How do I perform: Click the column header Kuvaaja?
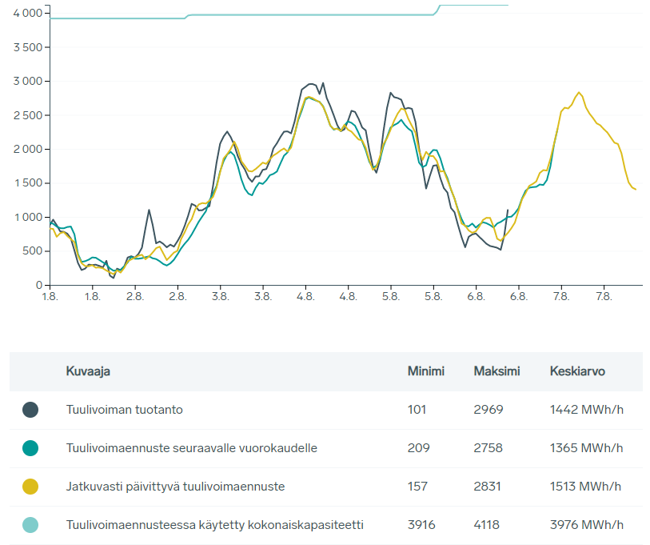click(88, 371)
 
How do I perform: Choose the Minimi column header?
click(425, 371)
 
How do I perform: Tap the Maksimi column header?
click(496, 371)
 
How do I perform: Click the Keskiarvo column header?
click(577, 371)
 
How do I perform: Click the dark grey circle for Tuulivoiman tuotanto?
click(30, 410)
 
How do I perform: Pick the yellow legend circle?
click(30, 487)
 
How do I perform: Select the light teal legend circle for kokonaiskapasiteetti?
click(30, 525)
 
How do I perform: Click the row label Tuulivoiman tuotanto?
click(125, 410)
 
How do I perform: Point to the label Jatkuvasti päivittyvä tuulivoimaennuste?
click(175, 487)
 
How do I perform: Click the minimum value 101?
click(417, 410)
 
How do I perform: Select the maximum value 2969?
click(488, 410)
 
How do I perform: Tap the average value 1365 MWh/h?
click(586, 448)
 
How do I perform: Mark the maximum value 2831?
click(488, 487)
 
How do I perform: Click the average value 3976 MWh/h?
click(586, 525)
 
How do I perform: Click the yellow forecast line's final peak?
click(579, 92)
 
